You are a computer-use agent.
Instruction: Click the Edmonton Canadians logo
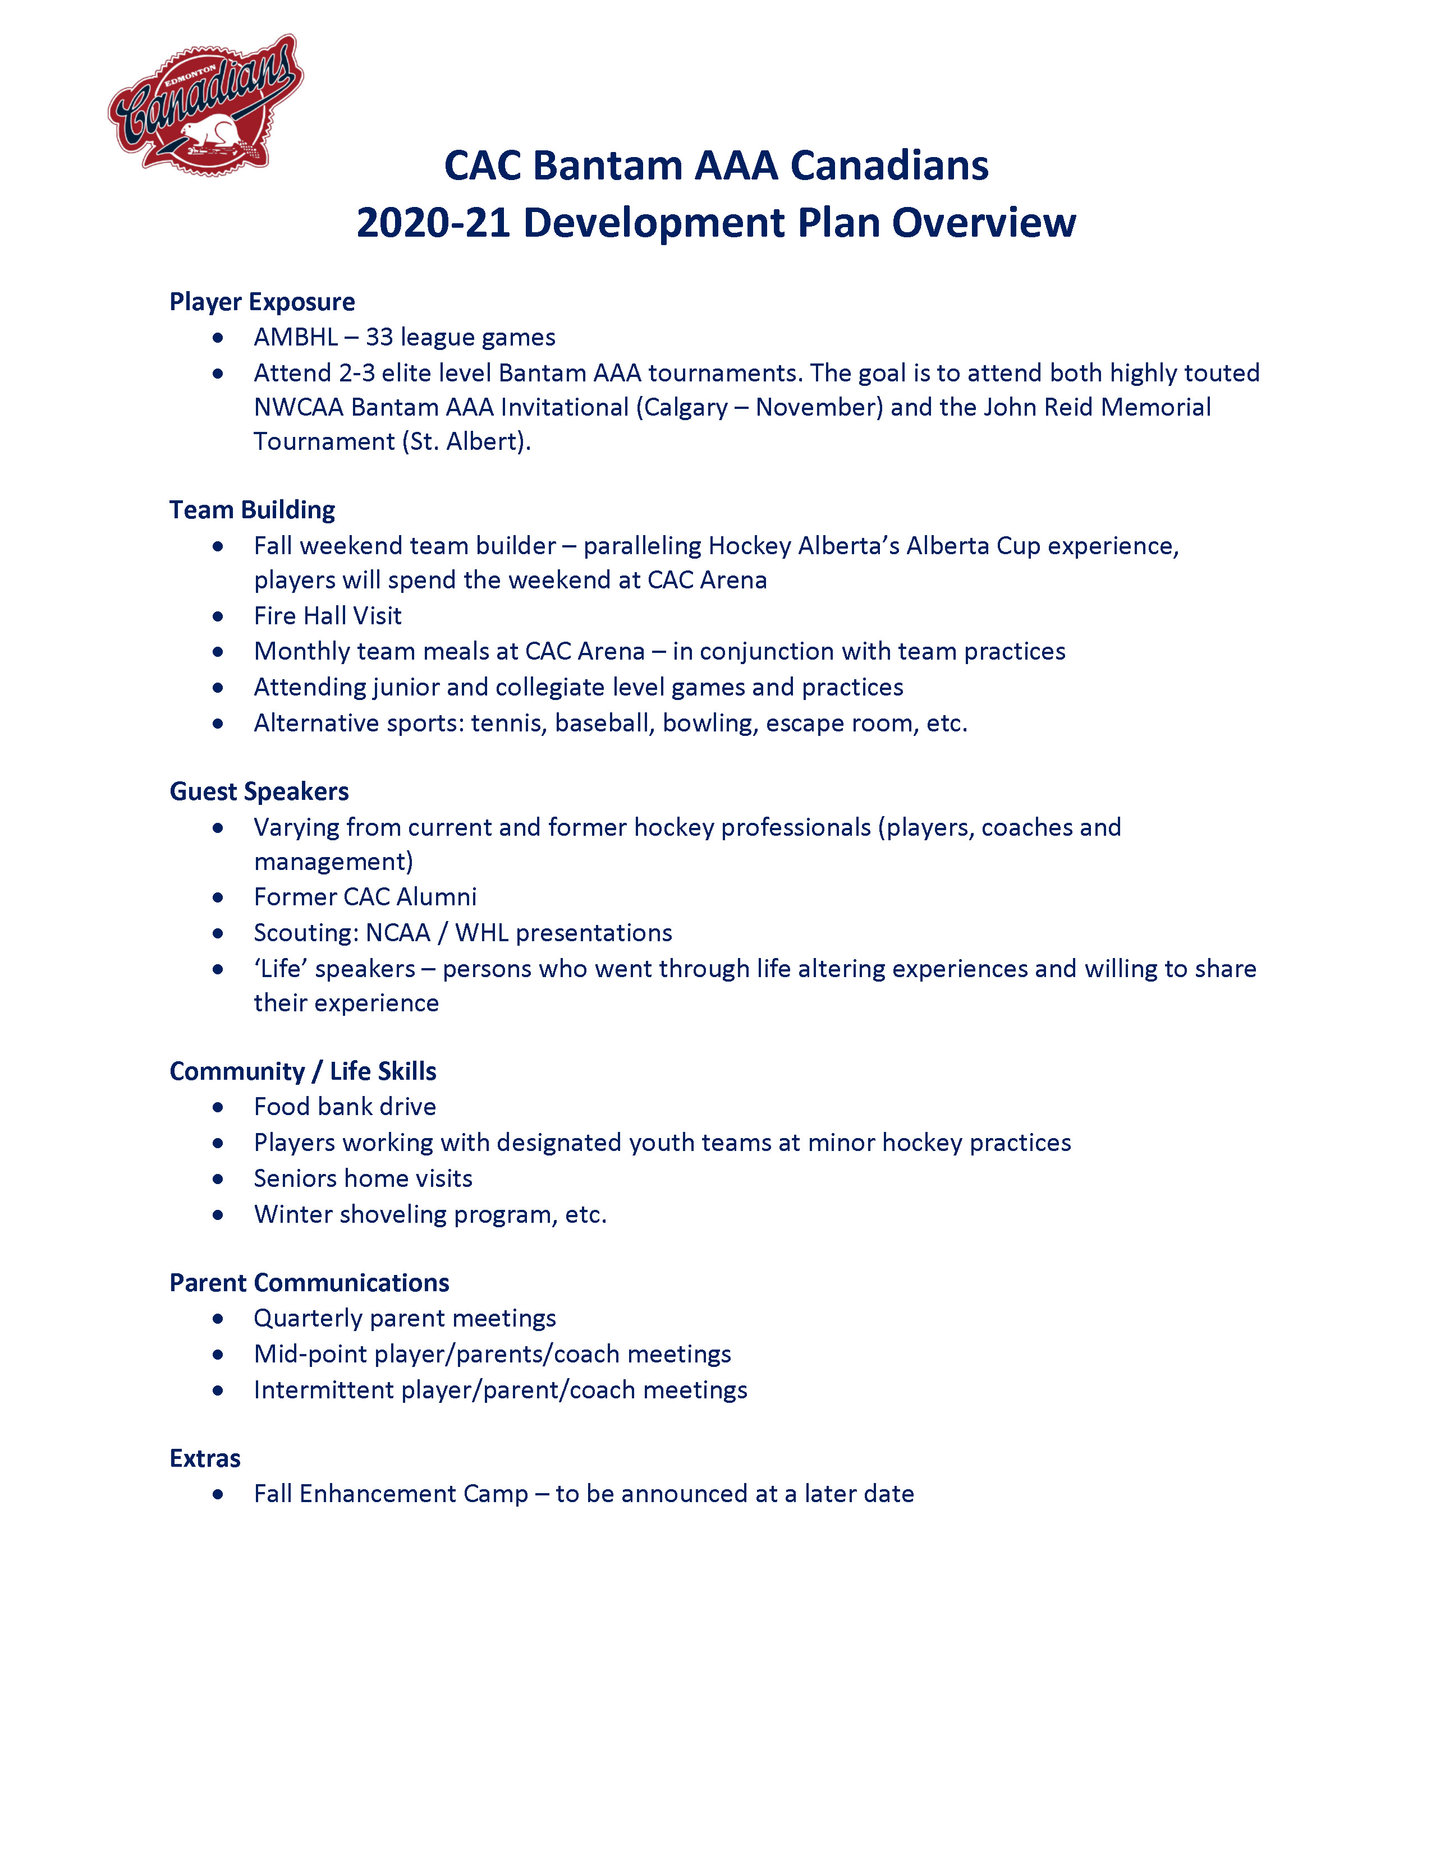pyautogui.click(x=206, y=105)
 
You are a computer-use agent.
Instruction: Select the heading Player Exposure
pyautogui.click(x=262, y=302)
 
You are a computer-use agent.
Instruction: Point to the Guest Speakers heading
pyautogui.click(x=259, y=791)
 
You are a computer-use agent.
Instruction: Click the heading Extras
pyautogui.click(x=205, y=1458)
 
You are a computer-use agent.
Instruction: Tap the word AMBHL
pyautogui.click(x=296, y=337)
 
